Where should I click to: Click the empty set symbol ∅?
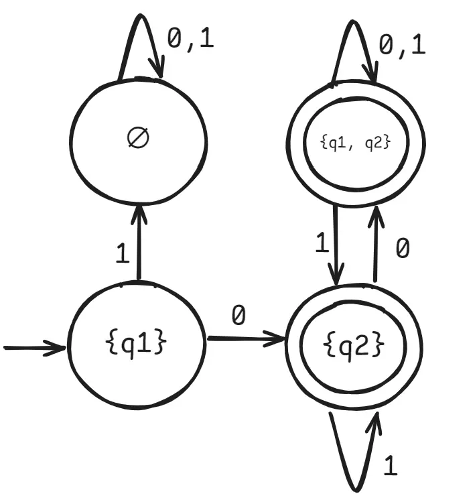tap(138, 137)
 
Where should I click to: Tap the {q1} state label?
tap(136, 344)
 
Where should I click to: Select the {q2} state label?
tap(354, 344)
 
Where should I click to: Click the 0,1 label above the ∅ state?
tap(190, 40)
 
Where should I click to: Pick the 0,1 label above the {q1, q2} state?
tap(402, 46)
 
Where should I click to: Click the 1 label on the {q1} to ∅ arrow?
tap(122, 253)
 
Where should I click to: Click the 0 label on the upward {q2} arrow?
tap(402, 249)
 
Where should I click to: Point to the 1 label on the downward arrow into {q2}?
tap(322, 244)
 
